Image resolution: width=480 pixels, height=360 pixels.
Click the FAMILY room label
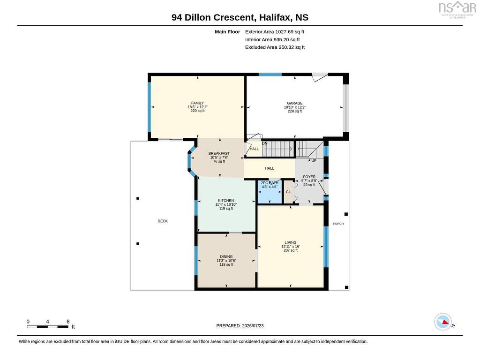point(197,103)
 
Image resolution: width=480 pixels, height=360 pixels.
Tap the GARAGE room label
point(295,103)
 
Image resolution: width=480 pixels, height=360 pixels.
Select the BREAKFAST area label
point(219,153)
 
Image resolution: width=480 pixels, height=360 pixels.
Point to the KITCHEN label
point(226,201)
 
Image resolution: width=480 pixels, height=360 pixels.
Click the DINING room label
point(226,256)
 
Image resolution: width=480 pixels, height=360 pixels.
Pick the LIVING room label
point(291,242)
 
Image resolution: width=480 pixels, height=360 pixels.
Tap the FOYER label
point(309,177)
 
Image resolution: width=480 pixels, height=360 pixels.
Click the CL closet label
point(288,192)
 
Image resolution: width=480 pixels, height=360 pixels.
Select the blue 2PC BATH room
point(270,192)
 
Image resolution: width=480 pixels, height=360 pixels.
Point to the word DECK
point(163,221)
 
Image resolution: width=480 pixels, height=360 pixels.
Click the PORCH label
point(338,224)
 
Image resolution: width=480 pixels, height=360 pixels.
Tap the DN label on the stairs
point(265,143)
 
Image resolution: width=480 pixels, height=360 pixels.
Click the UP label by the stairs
point(314,161)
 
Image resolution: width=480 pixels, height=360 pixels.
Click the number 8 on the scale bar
point(68,322)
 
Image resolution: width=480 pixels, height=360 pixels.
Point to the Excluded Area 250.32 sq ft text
point(275,47)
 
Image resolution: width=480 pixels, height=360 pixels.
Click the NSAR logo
point(457,9)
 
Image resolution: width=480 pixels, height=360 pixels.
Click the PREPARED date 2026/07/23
point(253,326)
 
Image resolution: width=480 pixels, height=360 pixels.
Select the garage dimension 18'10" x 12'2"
point(295,107)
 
